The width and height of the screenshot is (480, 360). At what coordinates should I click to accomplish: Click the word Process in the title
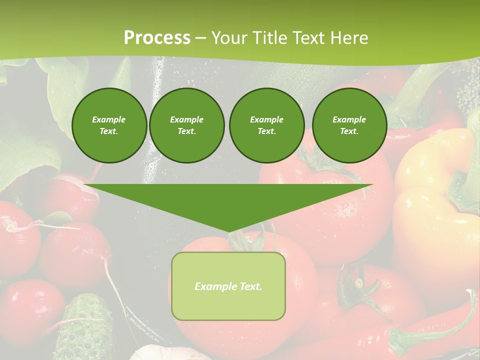(x=157, y=38)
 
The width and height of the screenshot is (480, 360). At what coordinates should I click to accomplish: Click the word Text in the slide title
(x=308, y=38)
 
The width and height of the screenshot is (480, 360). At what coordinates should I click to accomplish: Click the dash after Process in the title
(x=200, y=38)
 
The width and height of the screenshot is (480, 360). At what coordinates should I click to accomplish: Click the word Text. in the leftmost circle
(x=109, y=131)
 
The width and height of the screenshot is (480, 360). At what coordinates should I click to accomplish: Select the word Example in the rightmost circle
(x=349, y=119)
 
